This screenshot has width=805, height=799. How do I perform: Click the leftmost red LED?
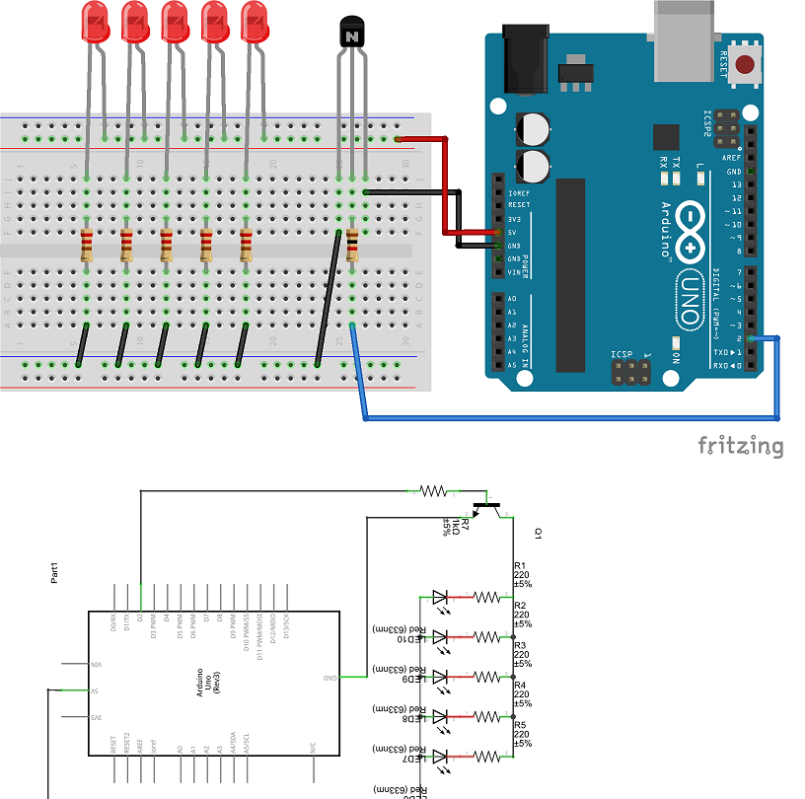pyautogui.click(x=95, y=22)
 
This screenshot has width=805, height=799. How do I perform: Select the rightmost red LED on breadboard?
pyautogui.click(x=255, y=22)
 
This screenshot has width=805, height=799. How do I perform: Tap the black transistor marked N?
pyautogui.click(x=351, y=33)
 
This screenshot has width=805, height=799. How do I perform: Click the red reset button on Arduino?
pyautogui.click(x=746, y=67)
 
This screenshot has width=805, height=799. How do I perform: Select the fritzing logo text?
pyautogui.click(x=741, y=445)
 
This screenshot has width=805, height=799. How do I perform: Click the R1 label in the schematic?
pyautogui.click(x=520, y=566)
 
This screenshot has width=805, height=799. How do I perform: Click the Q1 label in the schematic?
pyautogui.click(x=539, y=533)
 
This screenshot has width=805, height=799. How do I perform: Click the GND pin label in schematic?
pyautogui.click(x=332, y=678)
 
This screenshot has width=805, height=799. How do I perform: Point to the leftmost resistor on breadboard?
pyautogui.click(x=87, y=243)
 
